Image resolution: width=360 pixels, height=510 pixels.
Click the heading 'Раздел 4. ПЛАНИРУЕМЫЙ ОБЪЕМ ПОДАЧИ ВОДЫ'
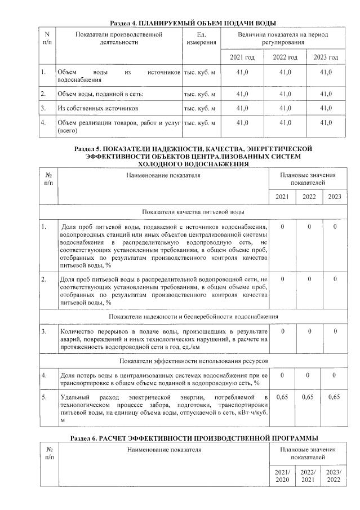pyautogui.click(x=193, y=23)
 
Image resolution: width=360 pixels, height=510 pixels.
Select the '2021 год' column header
pyautogui.click(x=242, y=57)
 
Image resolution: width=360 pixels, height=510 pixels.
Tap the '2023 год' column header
pyautogui.click(x=326, y=57)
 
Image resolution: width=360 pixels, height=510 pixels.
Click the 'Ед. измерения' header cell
pyautogui.click(x=199, y=39)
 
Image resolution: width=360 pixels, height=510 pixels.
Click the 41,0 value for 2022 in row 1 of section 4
pyautogui.click(x=285, y=73)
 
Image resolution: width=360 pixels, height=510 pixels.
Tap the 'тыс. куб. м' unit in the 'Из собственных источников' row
pyautogui.click(x=200, y=107)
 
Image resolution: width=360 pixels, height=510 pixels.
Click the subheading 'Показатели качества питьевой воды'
pyautogui.click(x=193, y=212)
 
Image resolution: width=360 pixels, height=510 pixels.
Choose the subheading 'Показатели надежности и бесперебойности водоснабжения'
pyautogui.click(x=193, y=317)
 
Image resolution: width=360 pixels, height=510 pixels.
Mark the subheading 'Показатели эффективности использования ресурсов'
pyautogui.click(x=193, y=360)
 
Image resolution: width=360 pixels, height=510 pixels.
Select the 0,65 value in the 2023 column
pyautogui.click(x=337, y=398)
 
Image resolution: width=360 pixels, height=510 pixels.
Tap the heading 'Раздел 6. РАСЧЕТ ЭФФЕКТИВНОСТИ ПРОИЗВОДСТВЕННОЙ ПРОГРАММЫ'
pyautogui.click(x=193, y=438)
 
